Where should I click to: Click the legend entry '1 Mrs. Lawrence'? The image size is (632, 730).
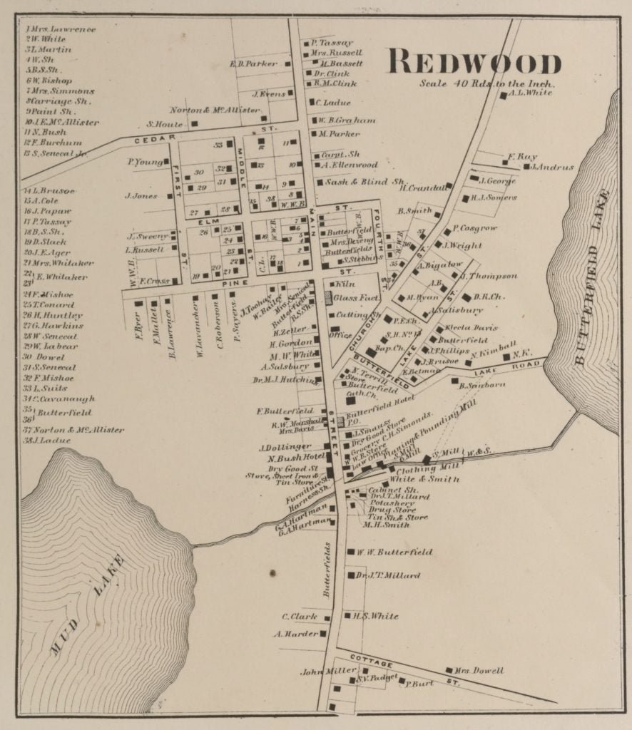61,29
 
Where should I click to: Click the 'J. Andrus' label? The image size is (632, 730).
552,168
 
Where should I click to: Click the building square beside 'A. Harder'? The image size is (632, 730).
323,633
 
